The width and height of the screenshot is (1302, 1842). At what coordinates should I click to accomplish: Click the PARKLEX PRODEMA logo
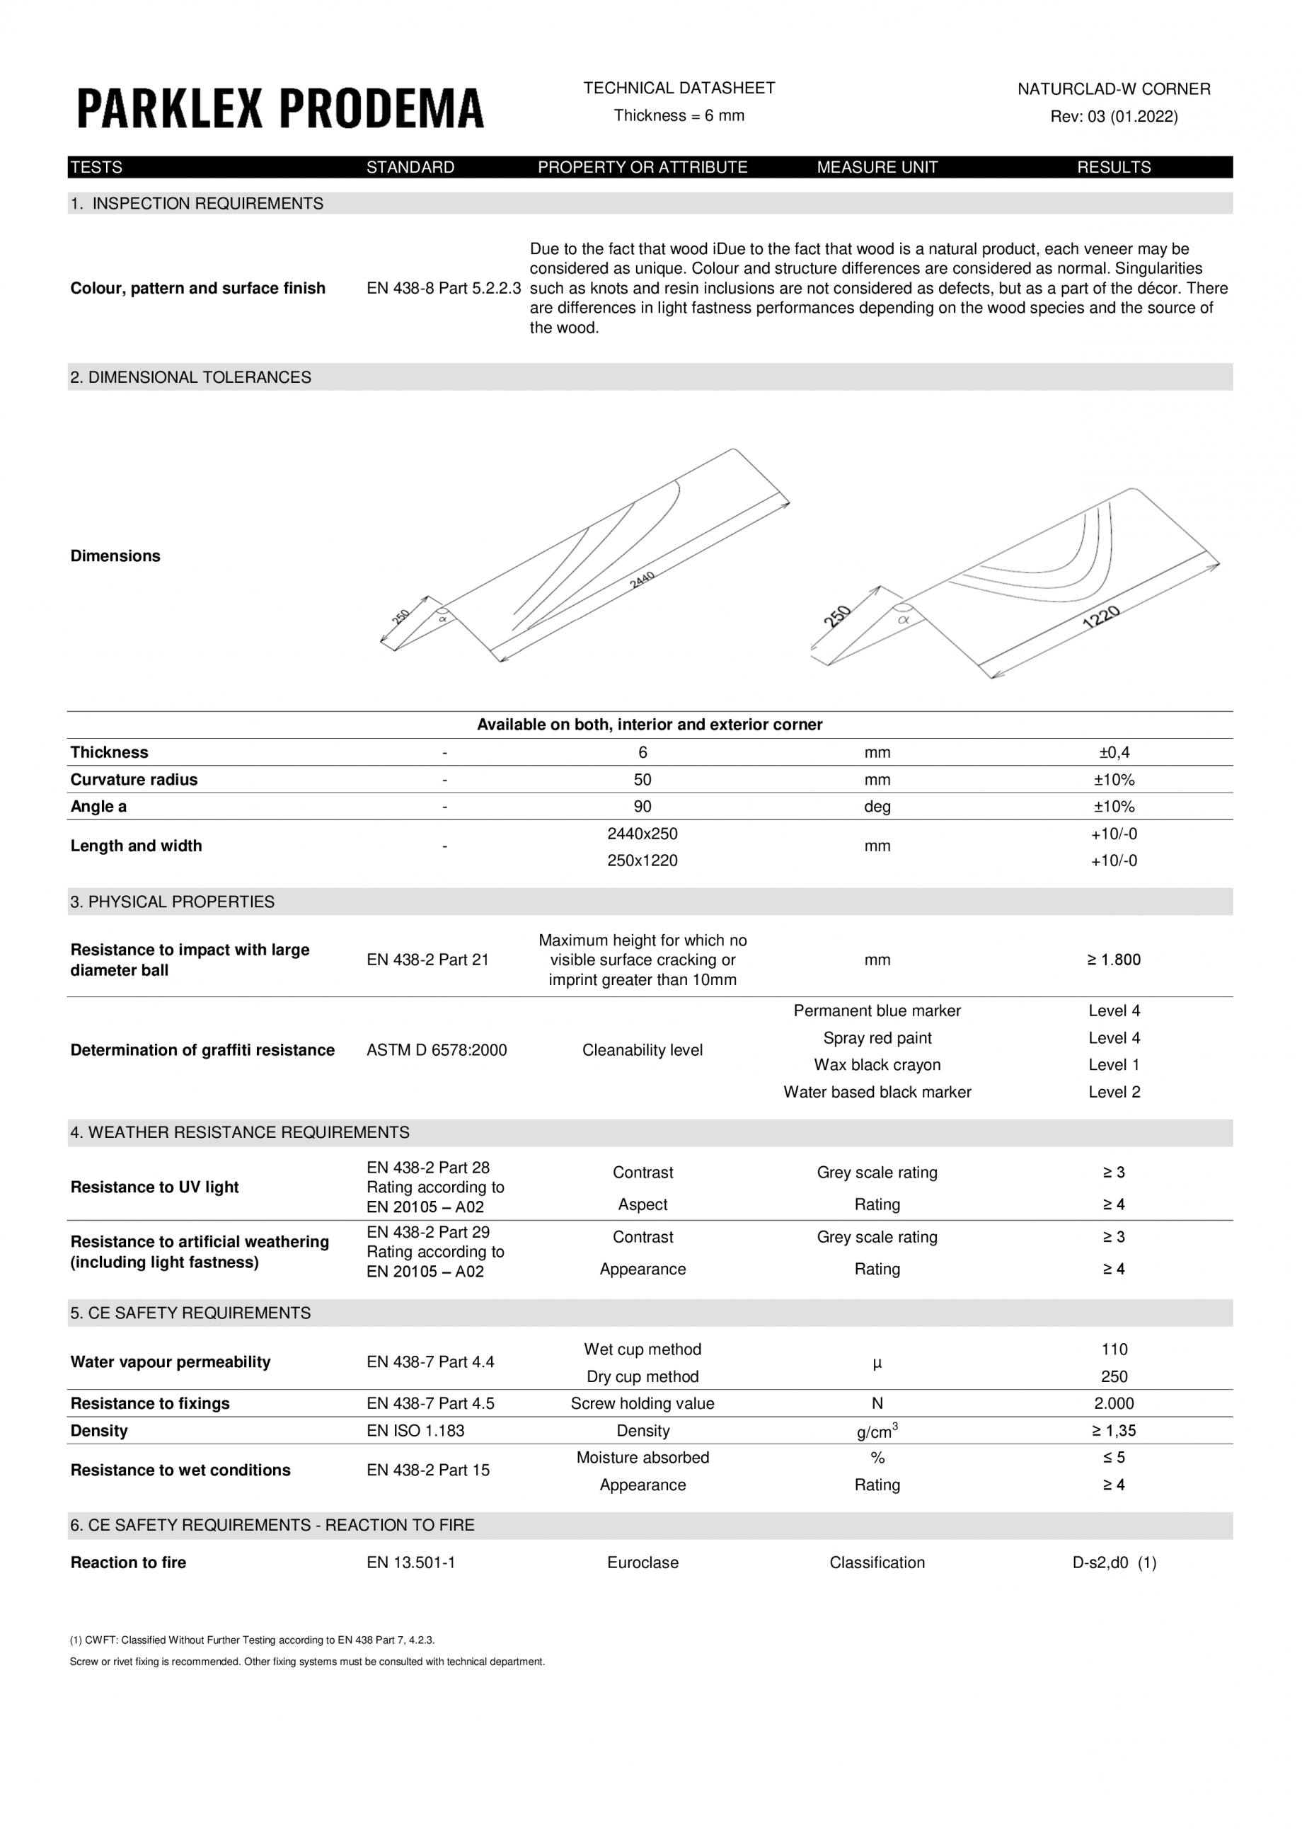(280, 108)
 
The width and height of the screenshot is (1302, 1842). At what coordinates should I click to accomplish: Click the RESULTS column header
(1114, 167)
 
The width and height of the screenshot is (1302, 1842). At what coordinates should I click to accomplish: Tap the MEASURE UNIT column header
(877, 167)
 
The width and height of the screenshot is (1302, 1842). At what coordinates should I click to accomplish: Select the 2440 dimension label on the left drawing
(643, 580)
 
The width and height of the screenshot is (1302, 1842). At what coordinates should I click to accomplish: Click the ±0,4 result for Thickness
(1114, 752)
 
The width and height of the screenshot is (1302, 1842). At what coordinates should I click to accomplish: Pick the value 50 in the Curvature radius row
(642, 779)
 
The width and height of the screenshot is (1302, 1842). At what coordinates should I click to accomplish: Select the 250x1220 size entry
(642, 860)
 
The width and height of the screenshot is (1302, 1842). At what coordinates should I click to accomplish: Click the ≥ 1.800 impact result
(1114, 960)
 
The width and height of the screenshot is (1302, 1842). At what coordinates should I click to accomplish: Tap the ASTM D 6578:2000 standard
(437, 1050)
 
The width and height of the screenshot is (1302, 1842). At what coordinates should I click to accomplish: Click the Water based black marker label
(877, 1092)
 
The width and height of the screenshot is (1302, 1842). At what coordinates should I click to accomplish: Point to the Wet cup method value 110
(1114, 1349)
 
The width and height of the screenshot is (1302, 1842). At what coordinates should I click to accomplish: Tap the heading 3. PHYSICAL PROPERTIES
(173, 902)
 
